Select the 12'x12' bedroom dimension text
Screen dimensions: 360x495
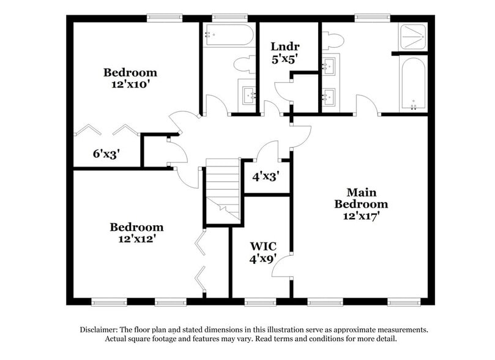coord(136,238)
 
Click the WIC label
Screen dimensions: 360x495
coord(262,246)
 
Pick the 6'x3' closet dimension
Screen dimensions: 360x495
coord(106,154)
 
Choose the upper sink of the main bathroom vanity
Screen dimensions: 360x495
coord(330,64)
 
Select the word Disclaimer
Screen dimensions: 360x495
coord(103,329)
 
